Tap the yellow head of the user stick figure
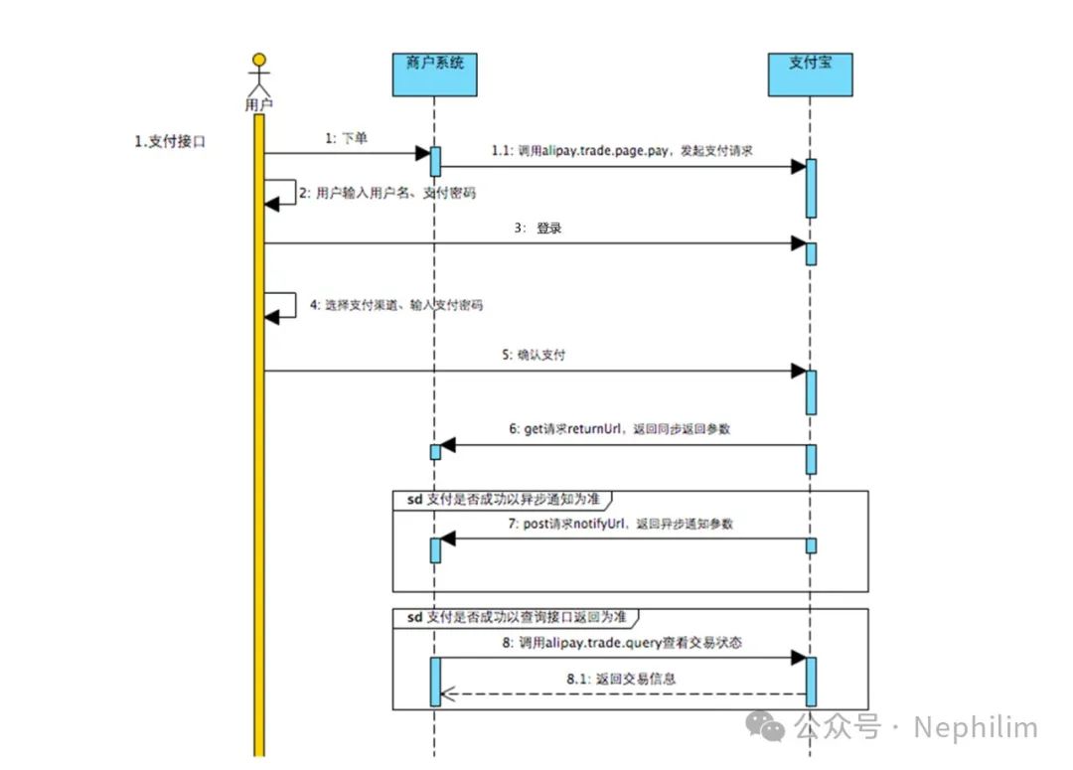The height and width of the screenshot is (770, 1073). pyautogui.click(x=259, y=59)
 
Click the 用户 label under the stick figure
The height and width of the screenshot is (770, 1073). pyautogui.click(x=258, y=104)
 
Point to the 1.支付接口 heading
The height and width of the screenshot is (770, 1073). pyautogui.click(x=170, y=142)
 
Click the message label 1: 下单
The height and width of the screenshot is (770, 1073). pyautogui.click(x=346, y=139)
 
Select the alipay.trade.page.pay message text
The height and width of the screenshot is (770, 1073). pyautogui.click(x=622, y=151)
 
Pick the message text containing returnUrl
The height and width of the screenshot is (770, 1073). pyautogui.click(x=621, y=429)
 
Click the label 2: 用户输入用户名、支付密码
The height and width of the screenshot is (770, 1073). pyautogui.click(x=386, y=193)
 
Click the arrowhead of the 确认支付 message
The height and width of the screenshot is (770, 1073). pyautogui.click(x=798, y=371)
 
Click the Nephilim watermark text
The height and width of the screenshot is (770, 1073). pyautogui.click(x=975, y=727)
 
